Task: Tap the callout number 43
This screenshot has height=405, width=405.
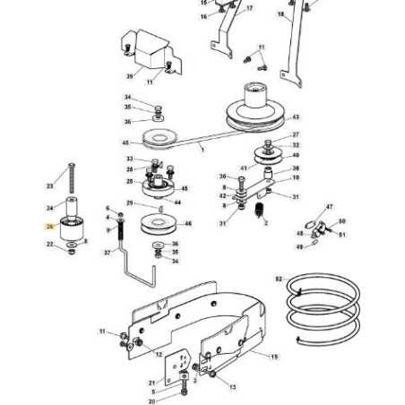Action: (x=296, y=117)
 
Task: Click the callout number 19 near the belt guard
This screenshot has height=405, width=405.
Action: (x=274, y=356)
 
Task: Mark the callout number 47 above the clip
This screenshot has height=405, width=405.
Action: (x=328, y=206)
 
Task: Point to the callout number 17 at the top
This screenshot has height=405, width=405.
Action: (x=249, y=8)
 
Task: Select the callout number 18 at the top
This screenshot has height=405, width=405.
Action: (x=280, y=15)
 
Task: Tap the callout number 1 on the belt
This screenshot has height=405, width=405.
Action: (x=202, y=149)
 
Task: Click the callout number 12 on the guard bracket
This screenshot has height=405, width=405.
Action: (x=159, y=355)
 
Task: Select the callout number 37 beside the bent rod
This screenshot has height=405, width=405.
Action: (x=108, y=254)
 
